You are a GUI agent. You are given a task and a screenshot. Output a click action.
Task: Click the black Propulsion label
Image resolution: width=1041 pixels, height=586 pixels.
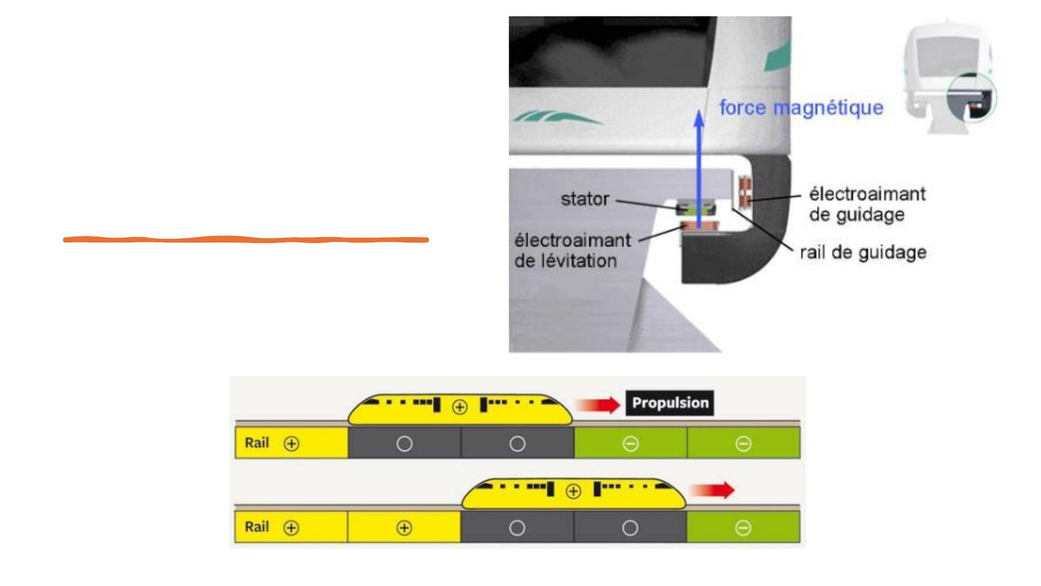(x=670, y=403)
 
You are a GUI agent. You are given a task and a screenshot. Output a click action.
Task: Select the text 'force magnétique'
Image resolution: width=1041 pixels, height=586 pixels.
(x=801, y=107)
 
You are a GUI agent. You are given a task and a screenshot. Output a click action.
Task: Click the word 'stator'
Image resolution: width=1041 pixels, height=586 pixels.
(x=584, y=199)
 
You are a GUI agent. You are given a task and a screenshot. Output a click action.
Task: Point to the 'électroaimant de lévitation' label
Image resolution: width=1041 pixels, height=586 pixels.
(x=572, y=250)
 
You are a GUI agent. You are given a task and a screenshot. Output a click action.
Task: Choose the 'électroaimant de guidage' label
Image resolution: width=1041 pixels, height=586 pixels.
(x=867, y=204)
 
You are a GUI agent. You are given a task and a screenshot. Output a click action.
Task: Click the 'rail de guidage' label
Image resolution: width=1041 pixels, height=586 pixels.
(x=863, y=252)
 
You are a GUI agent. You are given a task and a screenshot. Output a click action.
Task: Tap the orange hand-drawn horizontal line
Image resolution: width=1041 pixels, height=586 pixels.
(x=246, y=239)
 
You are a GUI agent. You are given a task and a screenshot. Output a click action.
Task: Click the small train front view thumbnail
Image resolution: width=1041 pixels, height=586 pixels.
(x=949, y=76)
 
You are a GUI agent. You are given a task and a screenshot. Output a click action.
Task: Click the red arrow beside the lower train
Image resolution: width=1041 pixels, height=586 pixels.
(x=712, y=491)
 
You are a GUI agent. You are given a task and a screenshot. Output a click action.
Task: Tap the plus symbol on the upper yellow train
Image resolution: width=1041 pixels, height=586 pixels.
(x=460, y=407)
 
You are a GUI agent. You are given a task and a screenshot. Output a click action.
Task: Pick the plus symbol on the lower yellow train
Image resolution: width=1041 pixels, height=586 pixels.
(x=573, y=492)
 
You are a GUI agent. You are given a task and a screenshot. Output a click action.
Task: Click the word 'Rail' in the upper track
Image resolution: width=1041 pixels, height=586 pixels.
(x=256, y=443)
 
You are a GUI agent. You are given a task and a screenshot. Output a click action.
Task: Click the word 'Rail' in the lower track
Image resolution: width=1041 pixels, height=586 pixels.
(x=256, y=527)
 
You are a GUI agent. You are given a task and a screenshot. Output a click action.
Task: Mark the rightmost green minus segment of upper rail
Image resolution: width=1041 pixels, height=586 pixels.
(x=743, y=443)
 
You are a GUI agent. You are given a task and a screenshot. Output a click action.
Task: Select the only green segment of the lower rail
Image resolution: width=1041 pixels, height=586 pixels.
(x=743, y=527)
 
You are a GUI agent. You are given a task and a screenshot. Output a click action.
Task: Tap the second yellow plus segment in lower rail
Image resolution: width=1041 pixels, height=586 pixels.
(x=404, y=527)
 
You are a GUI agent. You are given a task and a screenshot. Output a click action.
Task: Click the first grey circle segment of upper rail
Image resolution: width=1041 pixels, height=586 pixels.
(x=404, y=443)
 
